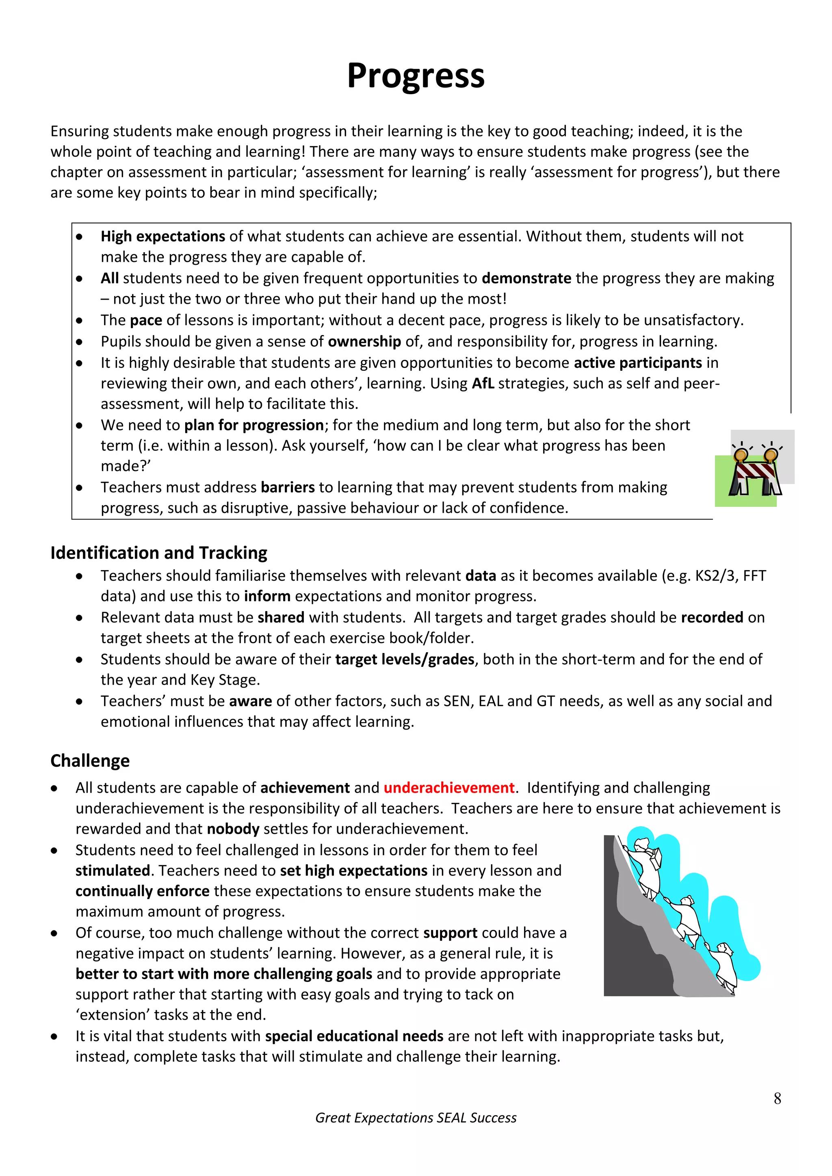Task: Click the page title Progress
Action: click(416, 76)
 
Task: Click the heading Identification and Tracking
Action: click(158, 553)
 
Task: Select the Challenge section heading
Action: click(90, 761)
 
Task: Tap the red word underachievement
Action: click(449, 788)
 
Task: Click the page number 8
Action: click(777, 1099)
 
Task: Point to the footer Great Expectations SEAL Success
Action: click(416, 1118)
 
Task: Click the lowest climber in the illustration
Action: click(726, 963)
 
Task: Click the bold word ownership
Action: click(364, 341)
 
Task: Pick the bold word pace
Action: click(145, 320)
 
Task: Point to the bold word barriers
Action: click(287, 487)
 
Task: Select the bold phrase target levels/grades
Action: click(405, 659)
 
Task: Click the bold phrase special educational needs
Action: click(354, 1036)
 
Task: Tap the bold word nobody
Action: click(233, 829)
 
